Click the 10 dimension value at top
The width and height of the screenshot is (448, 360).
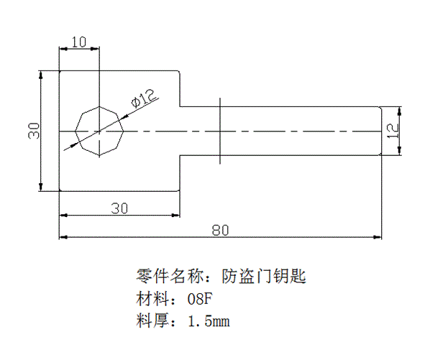tap(79, 42)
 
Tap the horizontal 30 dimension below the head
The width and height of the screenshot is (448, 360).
tap(119, 208)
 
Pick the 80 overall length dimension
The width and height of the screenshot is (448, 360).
tap(221, 231)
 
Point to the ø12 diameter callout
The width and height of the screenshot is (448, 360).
tap(144, 99)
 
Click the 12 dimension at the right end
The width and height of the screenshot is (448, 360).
tap(392, 130)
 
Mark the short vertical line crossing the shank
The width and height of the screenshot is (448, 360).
tap(220, 131)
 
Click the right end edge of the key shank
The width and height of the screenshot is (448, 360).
tap(380, 131)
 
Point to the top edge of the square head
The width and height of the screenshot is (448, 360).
tap(119, 70)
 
